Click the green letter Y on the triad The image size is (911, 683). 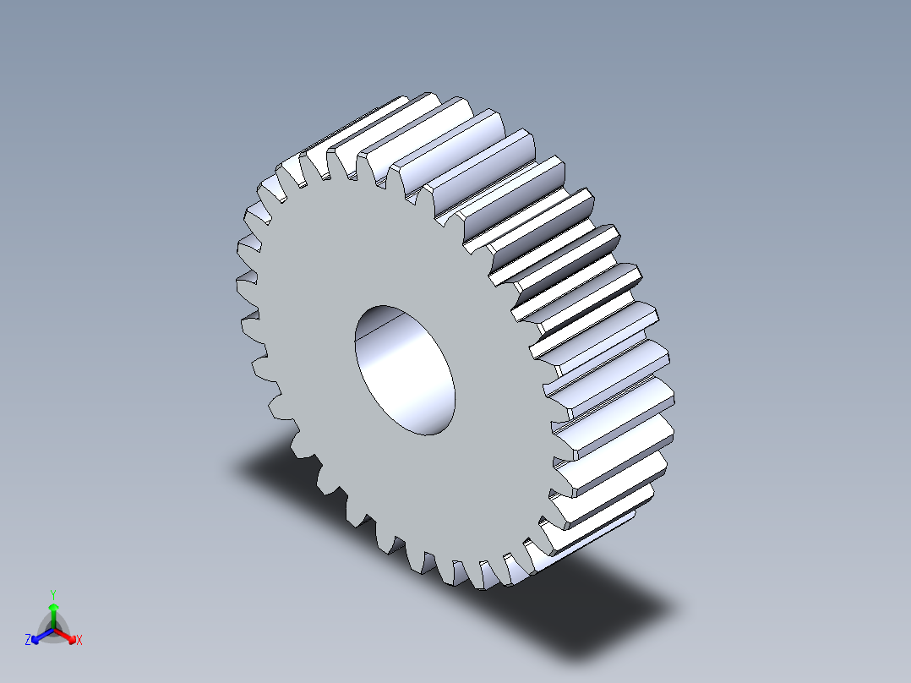coord(52,593)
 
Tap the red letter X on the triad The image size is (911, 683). coord(79,641)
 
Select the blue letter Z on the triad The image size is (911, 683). coord(28,641)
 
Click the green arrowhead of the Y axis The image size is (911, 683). coord(52,608)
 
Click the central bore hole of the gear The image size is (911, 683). coord(404,370)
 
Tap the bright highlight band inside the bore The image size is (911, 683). coord(397,372)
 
